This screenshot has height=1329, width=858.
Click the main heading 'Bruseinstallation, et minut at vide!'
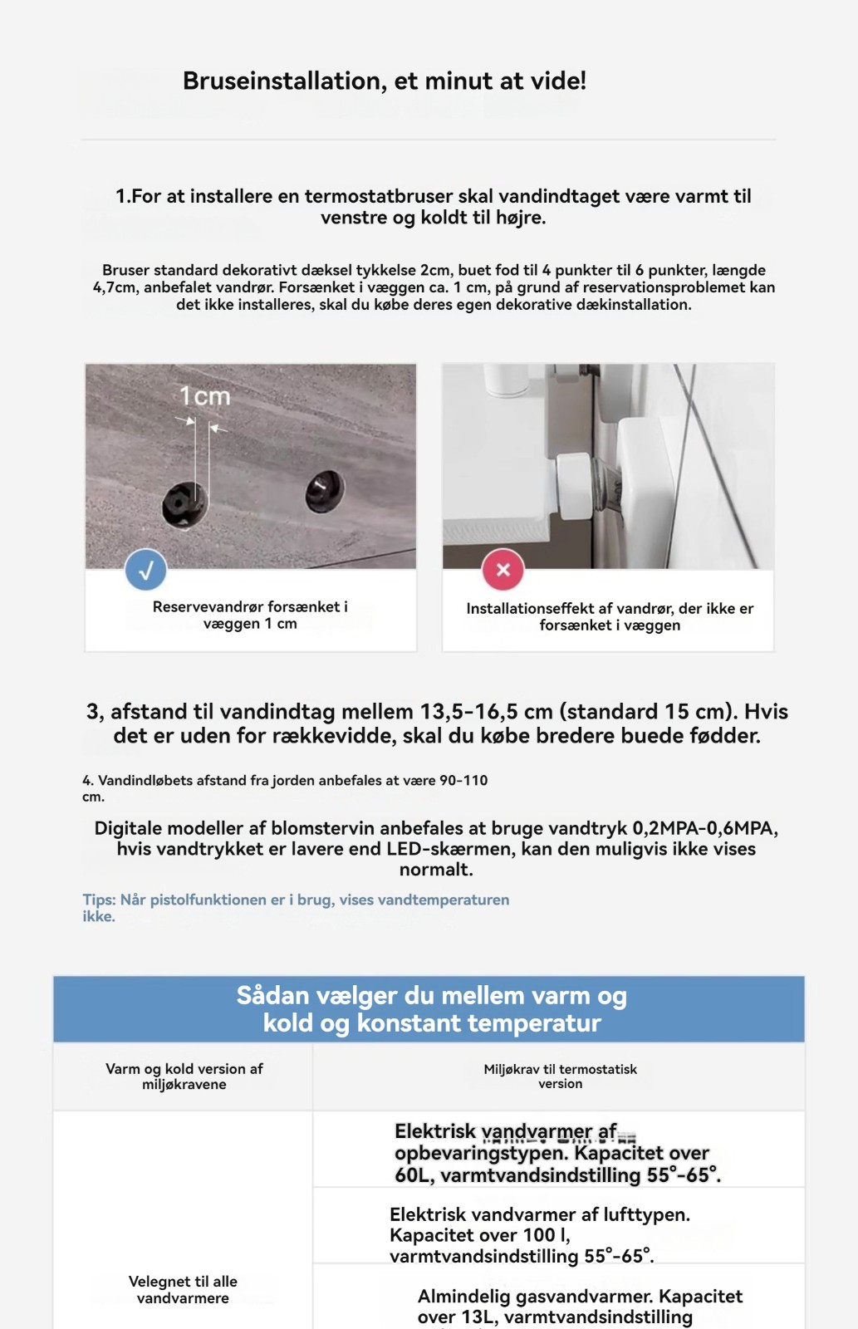pyautogui.click(x=385, y=81)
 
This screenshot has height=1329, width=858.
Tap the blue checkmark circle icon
pyautogui.click(x=146, y=570)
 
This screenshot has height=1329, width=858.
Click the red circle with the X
pyautogui.click(x=503, y=570)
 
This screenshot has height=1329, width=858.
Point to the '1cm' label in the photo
pyautogui.click(x=204, y=396)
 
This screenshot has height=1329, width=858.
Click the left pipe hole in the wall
pyautogui.click(x=184, y=503)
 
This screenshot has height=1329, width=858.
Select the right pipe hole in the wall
pyautogui.click(x=325, y=492)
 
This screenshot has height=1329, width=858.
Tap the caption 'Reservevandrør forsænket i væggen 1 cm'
pyautogui.click(x=250, y=615)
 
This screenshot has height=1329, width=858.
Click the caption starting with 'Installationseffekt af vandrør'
pyautogui.click(x=610, y=617)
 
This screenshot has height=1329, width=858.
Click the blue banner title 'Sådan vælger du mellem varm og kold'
pyautogui.click(x=431, y=1008)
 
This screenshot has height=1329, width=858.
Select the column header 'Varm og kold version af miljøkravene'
pyautogui.click(x=184, y=1076)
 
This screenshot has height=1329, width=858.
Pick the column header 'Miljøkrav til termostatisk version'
pyautogui.click(x=560, y=1076)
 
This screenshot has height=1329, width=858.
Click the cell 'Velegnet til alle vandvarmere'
pyautogui.click(x=183, y=1290)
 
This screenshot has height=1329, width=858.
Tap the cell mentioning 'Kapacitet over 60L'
pyautogui.click(x=557, y=1153)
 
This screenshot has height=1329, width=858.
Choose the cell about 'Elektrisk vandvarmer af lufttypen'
pyautogui.click(x=540, y=1234)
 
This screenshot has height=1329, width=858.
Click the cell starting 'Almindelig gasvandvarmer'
pyautogui.click(x=579, y=1307)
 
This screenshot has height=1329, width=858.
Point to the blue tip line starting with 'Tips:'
pyautogui.click(x=296, y=908)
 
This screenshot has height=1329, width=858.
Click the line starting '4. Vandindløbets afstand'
pyautogui.click(x=285, y=787)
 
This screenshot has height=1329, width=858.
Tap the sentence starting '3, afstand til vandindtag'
pyautogui.click(x=437, y=723)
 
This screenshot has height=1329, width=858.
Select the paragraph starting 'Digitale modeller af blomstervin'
pyautogui.click(x=436, y=849)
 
